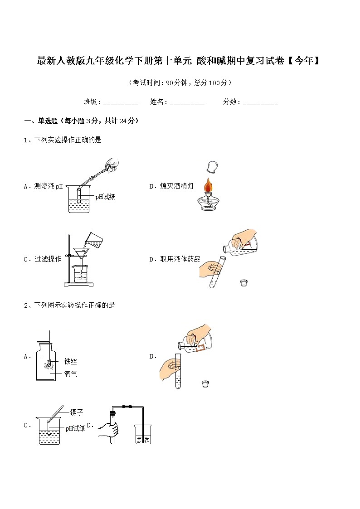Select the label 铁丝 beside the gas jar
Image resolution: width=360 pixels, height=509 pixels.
tap(70, 361)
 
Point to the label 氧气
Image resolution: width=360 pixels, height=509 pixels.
tap(70, 374)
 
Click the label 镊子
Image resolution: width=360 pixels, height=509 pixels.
tap(76, 412)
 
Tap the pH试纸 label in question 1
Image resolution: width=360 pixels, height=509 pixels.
tap(105, 197)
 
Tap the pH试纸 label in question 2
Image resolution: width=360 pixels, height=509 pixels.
tap(75, 428)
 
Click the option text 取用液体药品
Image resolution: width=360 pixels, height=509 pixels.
tap(180, 259)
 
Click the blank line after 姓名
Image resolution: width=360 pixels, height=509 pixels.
tap(187, 103)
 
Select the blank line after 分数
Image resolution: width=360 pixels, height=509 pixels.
tap(260, 103)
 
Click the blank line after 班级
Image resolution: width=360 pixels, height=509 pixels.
tap(121, 103)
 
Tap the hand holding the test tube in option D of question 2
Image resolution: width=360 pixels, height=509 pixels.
tap(109, 429)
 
